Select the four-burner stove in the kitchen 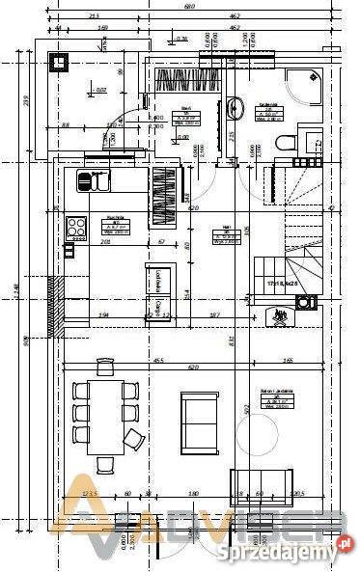tap(74, 229)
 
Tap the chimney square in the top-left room tap(60, 65)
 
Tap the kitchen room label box tap(113, 225)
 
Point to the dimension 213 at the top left tap(93, 16)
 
